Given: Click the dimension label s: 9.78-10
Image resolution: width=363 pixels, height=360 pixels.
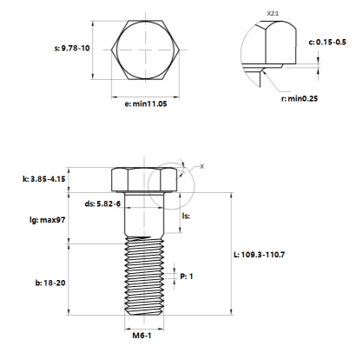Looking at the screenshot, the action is coord(72,48).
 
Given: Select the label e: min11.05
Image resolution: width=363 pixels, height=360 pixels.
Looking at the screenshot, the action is coord(146,103).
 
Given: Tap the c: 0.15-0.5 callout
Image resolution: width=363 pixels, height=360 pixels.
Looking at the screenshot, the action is coord(327,43).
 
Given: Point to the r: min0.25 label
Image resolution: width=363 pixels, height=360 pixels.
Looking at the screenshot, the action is coord(300,98).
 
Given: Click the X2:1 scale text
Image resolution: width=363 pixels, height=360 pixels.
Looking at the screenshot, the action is coord(273,14).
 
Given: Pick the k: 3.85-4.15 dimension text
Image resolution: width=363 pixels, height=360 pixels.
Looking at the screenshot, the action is coord(44,179).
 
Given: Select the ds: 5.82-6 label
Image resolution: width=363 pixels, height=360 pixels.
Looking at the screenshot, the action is coord(102,203).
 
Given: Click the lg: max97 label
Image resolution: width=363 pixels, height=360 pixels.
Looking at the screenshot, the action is coord(48,220).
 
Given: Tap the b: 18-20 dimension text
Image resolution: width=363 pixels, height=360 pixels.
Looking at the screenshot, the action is coord(50,283).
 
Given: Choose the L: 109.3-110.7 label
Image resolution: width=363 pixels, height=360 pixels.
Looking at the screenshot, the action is coord(260,255).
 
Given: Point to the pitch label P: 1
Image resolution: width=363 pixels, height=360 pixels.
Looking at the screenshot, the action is coord(187,277).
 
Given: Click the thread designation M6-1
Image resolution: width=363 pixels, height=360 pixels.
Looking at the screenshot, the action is coord(142,336).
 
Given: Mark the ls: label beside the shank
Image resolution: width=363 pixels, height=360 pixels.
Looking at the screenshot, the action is coord(186,216).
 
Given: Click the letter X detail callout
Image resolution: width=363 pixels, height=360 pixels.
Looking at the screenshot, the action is coord(201,166).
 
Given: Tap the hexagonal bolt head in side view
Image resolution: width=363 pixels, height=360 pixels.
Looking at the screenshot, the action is coord(144,180).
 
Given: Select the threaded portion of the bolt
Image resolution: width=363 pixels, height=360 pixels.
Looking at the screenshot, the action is coord(144,276).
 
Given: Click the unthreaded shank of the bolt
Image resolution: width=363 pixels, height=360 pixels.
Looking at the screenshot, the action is coord(144,214).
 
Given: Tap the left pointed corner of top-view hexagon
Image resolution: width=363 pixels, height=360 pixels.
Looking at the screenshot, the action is coord(111,50).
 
